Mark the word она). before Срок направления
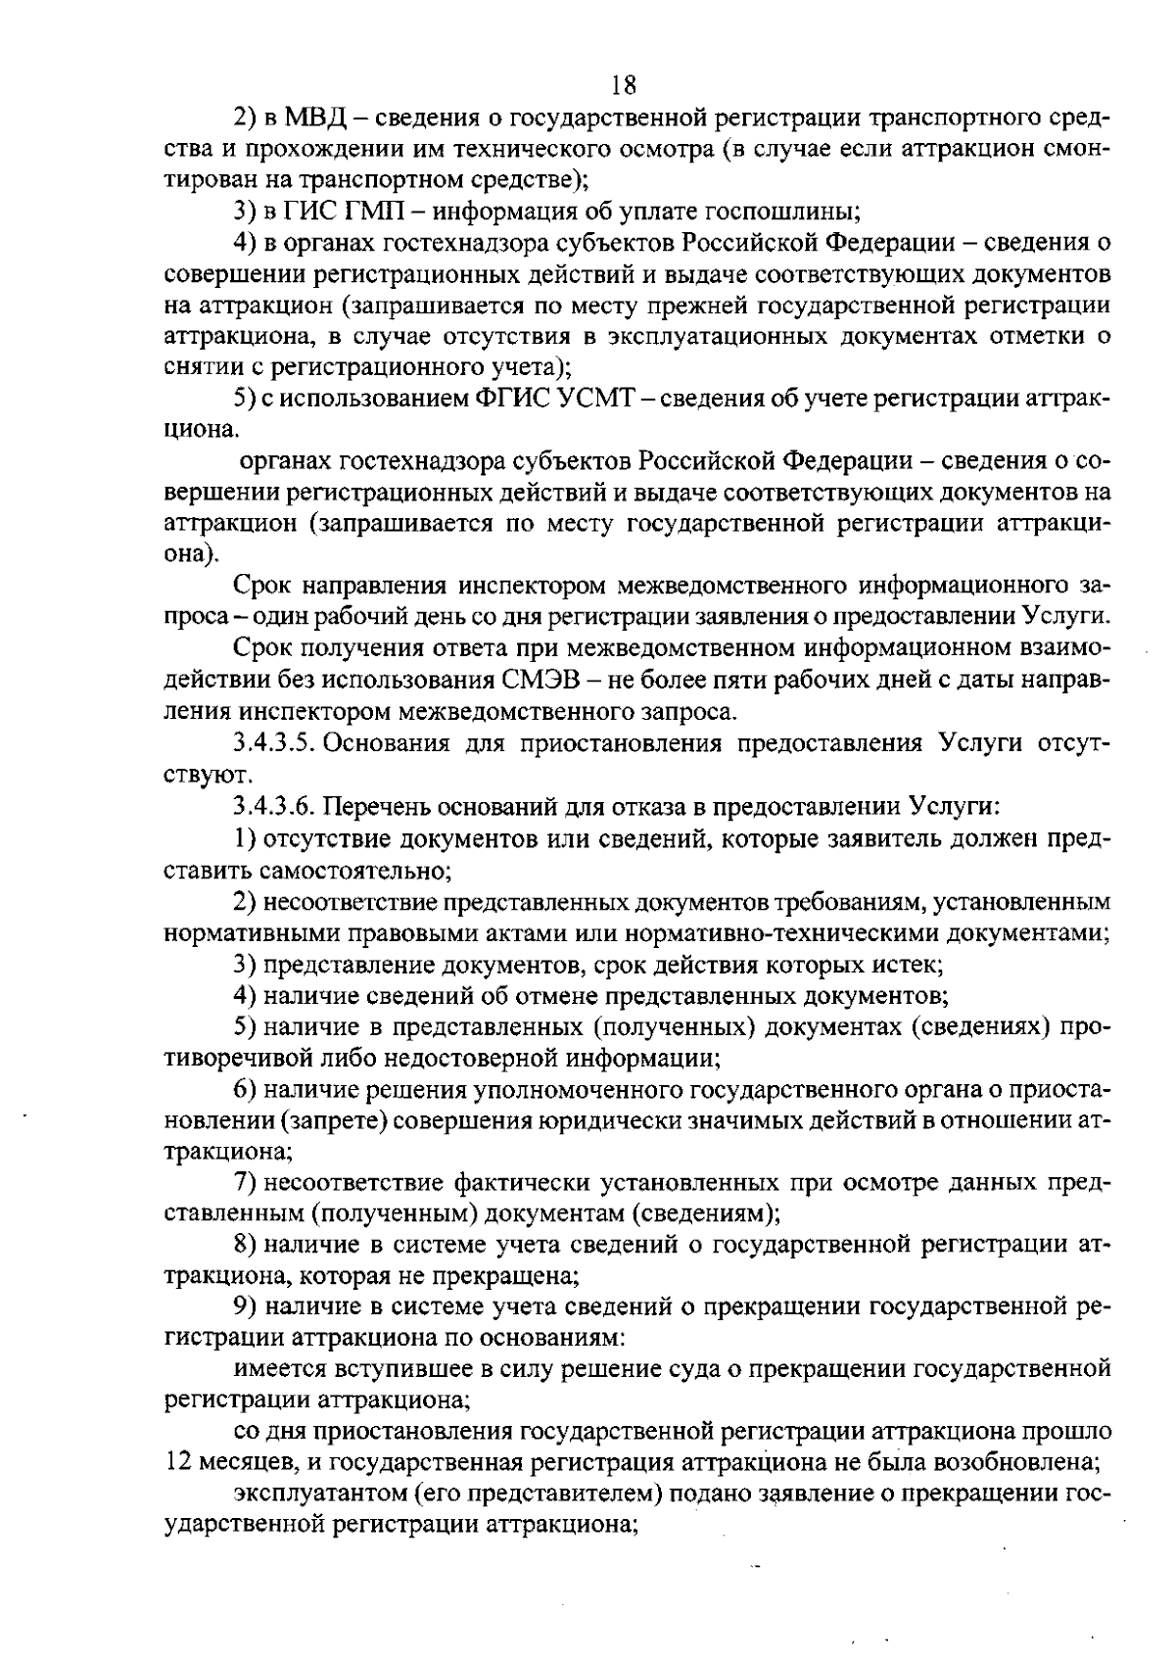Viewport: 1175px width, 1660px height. point(187,554)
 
